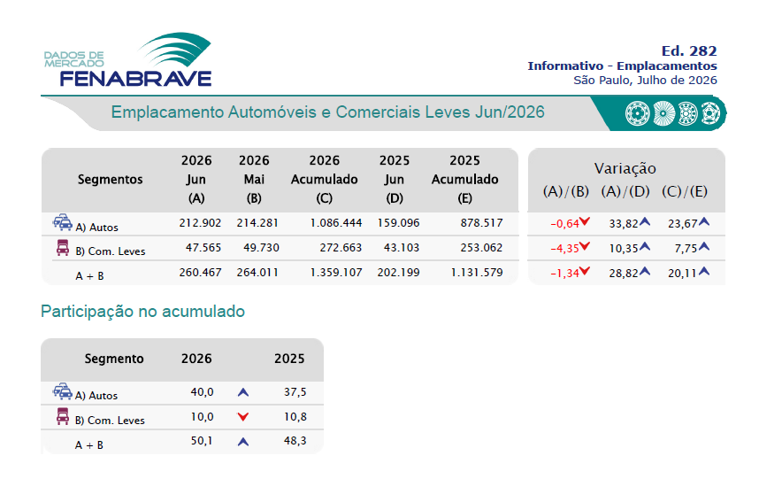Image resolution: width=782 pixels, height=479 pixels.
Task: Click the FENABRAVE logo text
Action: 135,78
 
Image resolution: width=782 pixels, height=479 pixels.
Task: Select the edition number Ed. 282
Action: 689,50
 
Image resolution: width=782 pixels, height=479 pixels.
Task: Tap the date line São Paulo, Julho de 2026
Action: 645,81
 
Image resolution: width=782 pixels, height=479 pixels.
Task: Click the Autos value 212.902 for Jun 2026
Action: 200,222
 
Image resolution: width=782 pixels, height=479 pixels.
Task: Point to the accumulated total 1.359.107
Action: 336,273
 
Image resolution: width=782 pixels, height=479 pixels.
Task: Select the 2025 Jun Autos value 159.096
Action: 398,222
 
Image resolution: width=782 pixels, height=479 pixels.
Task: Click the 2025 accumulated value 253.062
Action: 481,248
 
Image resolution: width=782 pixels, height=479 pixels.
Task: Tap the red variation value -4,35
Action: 564,249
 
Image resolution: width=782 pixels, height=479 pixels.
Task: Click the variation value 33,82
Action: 624,223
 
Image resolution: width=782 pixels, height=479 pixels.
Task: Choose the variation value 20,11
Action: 682,274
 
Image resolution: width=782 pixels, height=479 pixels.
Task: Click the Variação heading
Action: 625,168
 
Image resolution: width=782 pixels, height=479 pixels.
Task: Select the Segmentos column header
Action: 111,179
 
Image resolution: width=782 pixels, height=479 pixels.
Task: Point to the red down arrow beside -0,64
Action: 585,221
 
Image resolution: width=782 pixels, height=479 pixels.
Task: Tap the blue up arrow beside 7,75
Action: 703,246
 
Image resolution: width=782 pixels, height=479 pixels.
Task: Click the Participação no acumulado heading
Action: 142,312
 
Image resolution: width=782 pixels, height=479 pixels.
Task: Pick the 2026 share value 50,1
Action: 202,441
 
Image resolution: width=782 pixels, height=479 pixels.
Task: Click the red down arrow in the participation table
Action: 243,417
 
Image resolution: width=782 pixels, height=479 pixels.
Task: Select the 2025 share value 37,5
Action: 295,391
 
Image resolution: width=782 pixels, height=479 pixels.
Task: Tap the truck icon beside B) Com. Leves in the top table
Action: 63,248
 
